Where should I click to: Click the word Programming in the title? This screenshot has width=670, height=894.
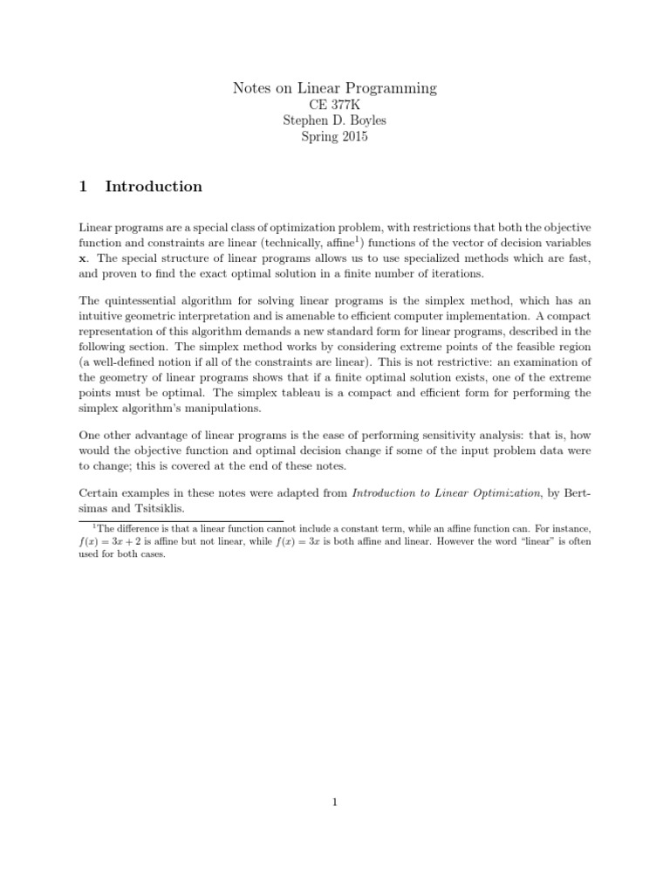pyautogui.click(x=391, y=88)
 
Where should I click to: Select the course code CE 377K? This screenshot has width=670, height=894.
pyautogui.click(x=334, y=105)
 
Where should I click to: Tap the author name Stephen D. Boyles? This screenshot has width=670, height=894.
pyautogui.click(x=334, y=121)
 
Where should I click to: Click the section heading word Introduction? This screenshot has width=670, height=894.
pyautogui.click(x=154, y=186)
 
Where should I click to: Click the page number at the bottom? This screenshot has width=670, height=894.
pyautogui.click(x=334, y=804)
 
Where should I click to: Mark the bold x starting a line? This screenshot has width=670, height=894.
pyautogui.click(x=83, y=259)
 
